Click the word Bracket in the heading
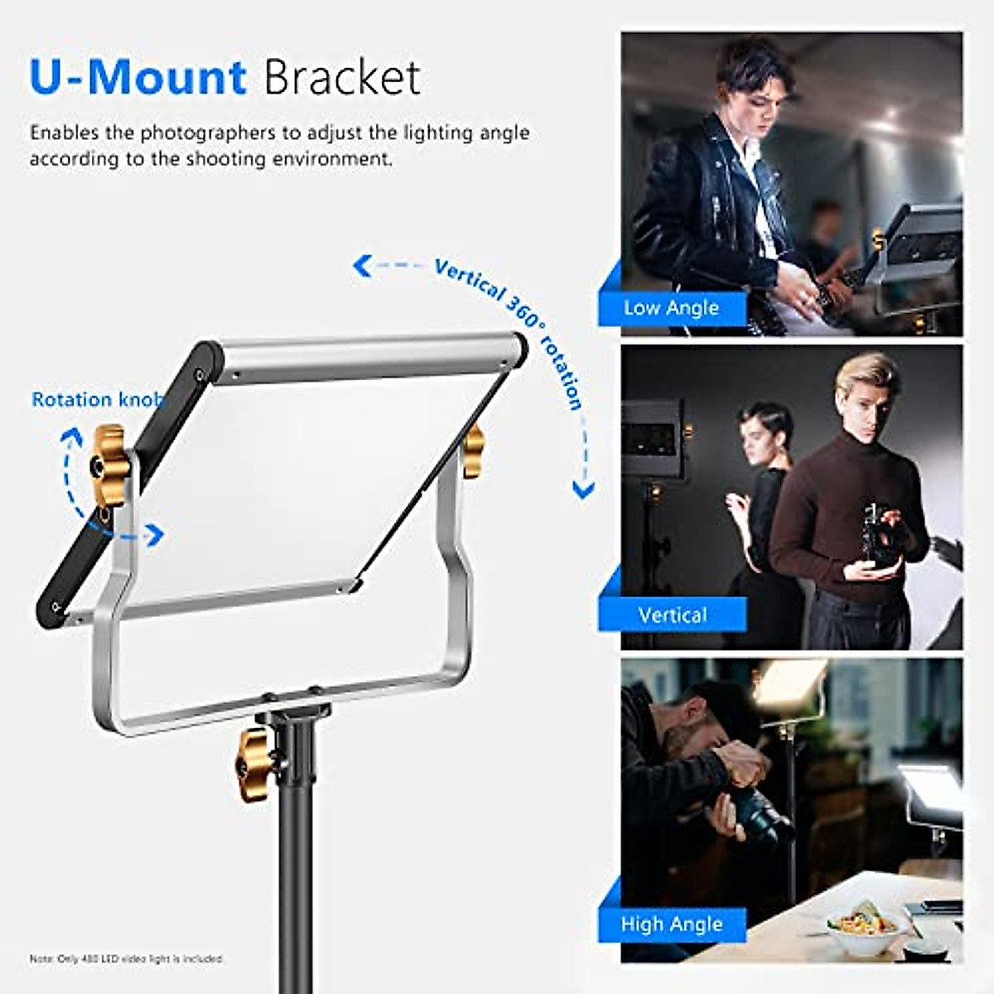[342, 78]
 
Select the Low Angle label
[671, 308]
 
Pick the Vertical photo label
[672, 615]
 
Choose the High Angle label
[672, 924]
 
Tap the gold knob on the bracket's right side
[473, 451]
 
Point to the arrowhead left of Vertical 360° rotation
[361, 266]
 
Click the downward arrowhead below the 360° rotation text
[583, 491]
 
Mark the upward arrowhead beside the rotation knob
[73, 436]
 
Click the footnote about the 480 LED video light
[127, 958]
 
